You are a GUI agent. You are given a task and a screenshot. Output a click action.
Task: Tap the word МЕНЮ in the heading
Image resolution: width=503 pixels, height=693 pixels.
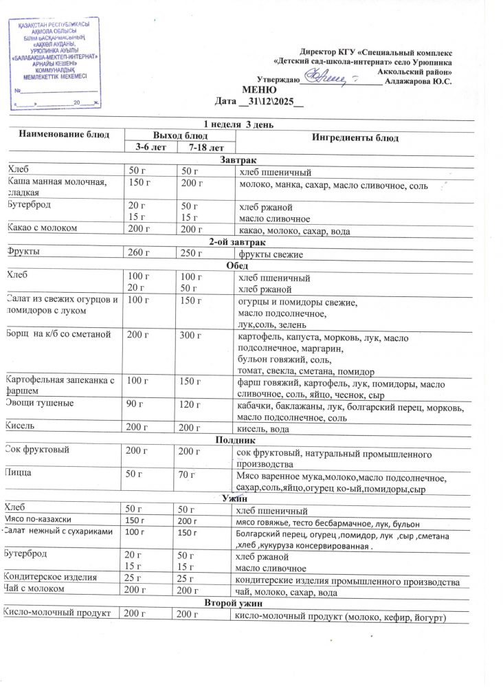(x=260, y=90)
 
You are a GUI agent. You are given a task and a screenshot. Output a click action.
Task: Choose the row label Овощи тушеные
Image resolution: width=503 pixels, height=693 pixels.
(x=40, y=403)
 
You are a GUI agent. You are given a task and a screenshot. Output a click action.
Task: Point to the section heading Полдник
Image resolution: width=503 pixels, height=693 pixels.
(x=236, y=440)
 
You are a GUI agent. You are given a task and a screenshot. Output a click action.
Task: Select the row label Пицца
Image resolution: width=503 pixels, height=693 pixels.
(x=20, y=474)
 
